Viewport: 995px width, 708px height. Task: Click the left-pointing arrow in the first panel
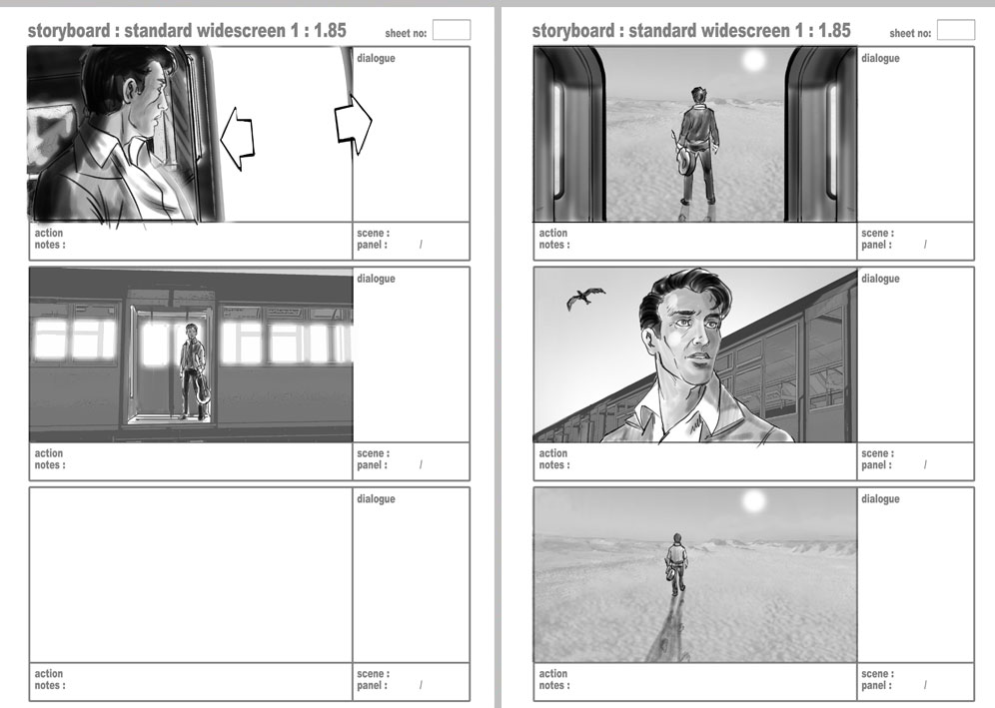(x=238, y=138)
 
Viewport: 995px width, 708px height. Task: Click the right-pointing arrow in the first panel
(x=353, y=125)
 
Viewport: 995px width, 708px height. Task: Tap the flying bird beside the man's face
(x=585, y=298)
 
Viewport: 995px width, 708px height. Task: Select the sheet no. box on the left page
(x=452, y=30)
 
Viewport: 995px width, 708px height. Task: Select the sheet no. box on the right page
(x=956, y=30)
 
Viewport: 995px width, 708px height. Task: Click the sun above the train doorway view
(x=754, y=60)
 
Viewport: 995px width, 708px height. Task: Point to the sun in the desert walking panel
(x=754, y=501)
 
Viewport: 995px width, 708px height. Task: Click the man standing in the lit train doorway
(x=192, y=371)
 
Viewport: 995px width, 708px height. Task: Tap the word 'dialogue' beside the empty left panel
(x=376, y=498)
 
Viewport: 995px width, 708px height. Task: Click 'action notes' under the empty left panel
(x=50, y=679)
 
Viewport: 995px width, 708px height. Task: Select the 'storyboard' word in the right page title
(x=573, y=30)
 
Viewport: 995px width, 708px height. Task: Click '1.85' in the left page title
(x=330, y=30)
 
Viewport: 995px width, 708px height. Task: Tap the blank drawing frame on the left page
(x=191, y=575)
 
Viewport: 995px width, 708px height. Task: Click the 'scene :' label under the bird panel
(x=877, y=453)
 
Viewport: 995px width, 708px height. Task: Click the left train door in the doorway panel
(x=569, y=135)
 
